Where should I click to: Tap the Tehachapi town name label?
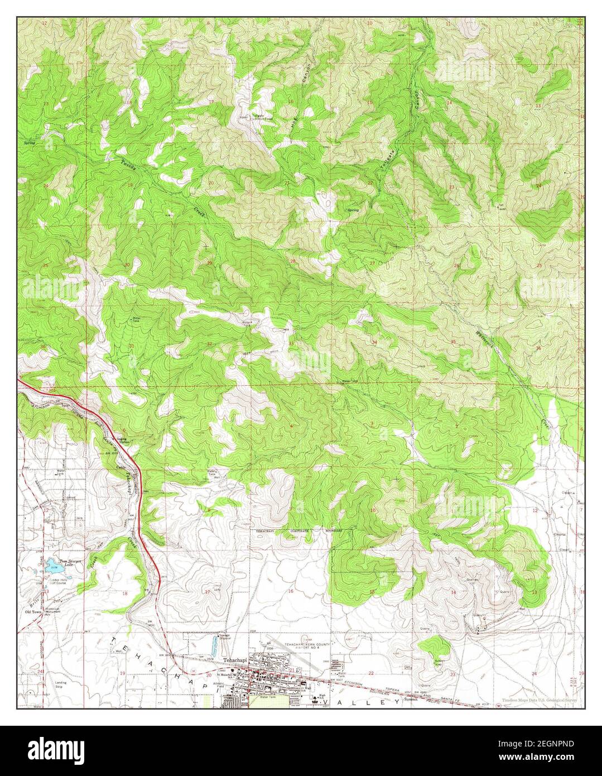pos(234,659)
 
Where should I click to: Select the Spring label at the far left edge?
pos(30,143)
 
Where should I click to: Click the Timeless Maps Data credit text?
pos(539,700)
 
